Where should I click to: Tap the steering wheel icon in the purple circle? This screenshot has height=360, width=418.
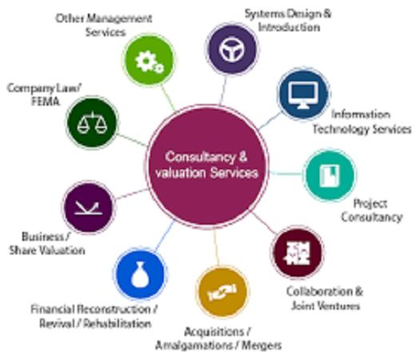[x=232, y=49]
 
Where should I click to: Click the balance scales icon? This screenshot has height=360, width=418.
[x=92, y=123]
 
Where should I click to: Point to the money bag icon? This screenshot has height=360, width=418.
[x=140, y=275]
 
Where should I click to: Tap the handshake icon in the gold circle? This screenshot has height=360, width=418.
[x=222, y=291]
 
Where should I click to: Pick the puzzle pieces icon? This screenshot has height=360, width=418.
[x=298, y=253]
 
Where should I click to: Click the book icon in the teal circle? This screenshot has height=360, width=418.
[x=329, y=175]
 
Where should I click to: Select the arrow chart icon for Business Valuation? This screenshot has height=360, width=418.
[x=88, y=208]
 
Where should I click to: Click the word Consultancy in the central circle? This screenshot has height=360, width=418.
[x=200, y=158]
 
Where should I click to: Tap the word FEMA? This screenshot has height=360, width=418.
[x=46, y=102]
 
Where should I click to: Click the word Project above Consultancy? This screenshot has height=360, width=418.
[x=370, y=204]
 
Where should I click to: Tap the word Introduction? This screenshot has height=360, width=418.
[x=289, y=27]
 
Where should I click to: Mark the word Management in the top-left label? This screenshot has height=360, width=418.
[x=119, y=18]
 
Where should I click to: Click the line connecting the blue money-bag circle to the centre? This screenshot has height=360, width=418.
[x=165, y=236]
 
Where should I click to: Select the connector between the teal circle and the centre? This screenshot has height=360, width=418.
[x=285, y=174]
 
